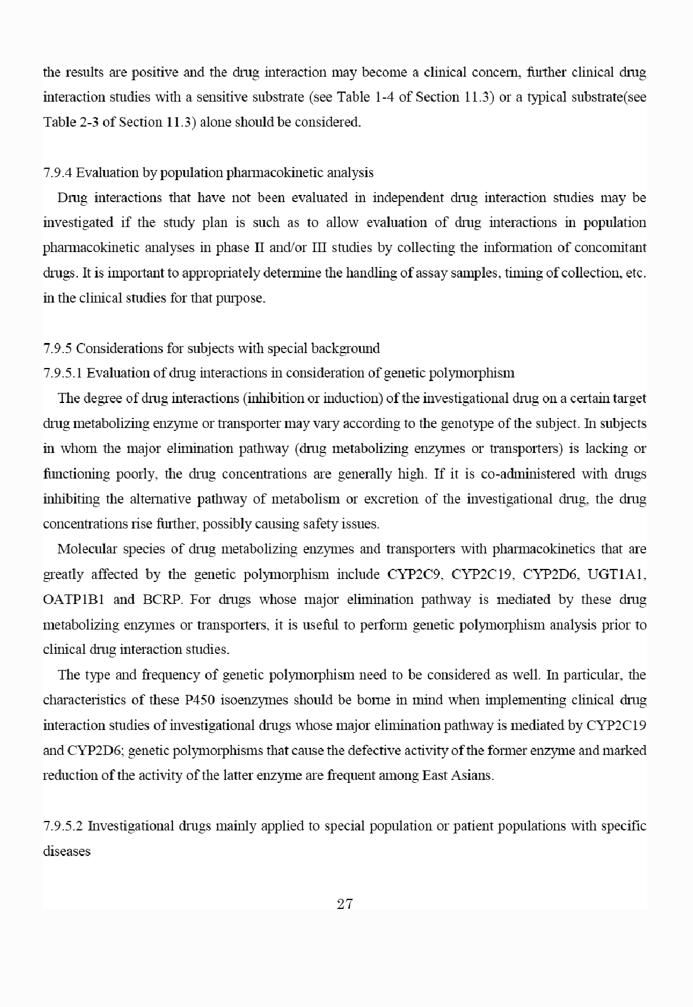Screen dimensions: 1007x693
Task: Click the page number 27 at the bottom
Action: tap(345, 904)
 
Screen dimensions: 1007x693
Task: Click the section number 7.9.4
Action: tap(58, 173)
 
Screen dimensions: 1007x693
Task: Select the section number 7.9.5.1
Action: tap(63, 373)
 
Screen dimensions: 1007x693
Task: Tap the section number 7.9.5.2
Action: tap(63, 826)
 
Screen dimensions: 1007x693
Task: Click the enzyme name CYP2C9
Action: tap(414, 574)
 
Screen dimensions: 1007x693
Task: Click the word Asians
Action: tap(474, 775)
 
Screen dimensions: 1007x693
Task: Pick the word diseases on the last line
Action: tap(67, 851)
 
